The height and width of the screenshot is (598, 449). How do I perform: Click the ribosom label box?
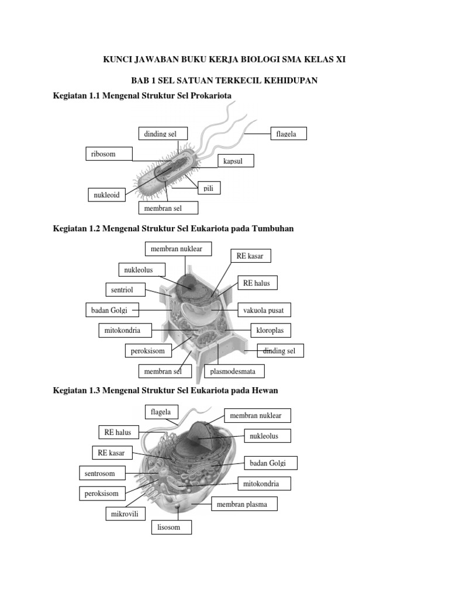point(109,154)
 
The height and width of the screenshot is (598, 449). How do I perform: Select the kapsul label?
point(235,161)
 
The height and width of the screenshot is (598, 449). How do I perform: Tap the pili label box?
point(209,188)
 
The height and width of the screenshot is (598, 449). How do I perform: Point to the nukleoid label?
point(106,195)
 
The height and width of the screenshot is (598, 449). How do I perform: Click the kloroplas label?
point(270,331)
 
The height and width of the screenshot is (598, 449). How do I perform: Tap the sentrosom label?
point(100,473)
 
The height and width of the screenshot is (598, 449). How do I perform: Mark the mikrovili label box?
point(124,514)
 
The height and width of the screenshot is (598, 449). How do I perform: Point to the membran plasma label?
point(242,504)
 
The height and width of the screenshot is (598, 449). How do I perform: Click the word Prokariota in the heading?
point(207,95)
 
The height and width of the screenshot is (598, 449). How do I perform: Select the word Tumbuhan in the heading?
point(272,228)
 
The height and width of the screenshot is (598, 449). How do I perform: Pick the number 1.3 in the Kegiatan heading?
point(94,390)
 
